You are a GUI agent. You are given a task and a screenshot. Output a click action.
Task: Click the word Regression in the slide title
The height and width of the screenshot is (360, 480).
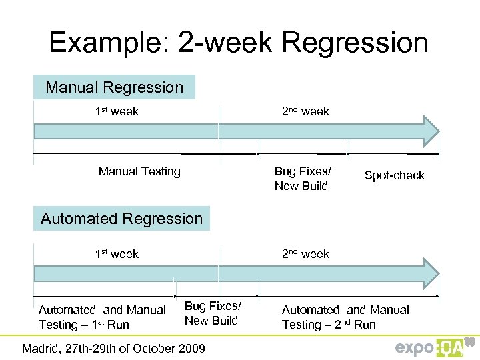(355, 43)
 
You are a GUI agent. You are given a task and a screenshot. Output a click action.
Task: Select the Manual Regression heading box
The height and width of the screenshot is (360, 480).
(114, 87)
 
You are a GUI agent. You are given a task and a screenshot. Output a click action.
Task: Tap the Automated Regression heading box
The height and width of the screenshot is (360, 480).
(121, 219)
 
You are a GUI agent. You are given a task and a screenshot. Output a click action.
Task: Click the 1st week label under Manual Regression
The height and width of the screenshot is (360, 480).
(117, 111)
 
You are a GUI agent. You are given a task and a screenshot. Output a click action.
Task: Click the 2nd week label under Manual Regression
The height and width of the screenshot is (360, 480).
(305, 111)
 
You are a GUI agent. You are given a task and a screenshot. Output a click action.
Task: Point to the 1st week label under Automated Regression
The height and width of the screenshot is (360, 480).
(117, 253)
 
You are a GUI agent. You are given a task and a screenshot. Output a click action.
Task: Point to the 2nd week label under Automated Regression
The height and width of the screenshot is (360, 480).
(305, 253)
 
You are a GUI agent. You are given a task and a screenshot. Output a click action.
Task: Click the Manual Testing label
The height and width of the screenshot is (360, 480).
(139, 171)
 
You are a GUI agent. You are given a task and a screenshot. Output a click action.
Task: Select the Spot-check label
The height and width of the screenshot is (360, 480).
(394, 175)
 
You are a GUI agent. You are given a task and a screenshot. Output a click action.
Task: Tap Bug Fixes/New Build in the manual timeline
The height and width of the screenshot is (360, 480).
(302, 179)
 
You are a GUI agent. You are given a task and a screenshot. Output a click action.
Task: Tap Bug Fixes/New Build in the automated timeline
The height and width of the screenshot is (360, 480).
(212, 313)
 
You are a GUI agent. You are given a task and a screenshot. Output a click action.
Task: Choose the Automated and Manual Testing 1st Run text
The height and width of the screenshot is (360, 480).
(102, 317)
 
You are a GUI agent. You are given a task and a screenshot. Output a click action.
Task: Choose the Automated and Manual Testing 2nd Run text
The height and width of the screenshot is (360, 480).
(345, 317)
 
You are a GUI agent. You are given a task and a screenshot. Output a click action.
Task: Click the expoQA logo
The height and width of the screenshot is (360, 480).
(433, 347)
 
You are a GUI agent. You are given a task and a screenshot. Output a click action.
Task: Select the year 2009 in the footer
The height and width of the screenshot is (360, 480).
(192, 348)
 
